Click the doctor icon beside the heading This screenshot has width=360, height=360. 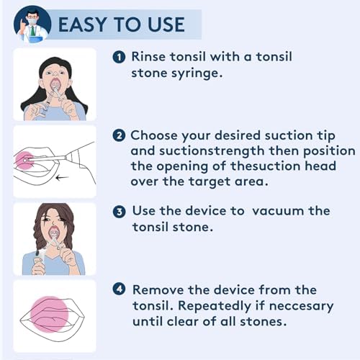pos(32,24)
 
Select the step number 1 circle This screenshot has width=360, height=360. pos(119,58)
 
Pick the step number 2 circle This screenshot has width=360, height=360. pos(119,135)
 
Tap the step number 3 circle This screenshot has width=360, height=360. pos(119,212)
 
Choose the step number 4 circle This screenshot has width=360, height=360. pos(119,289)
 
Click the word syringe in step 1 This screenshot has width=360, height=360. pos(197,74)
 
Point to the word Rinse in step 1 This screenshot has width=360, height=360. pos(148,57)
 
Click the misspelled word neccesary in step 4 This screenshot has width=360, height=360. pos(301,307)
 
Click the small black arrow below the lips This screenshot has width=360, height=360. pos(62,178)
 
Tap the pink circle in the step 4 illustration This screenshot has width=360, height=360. pos(50,315)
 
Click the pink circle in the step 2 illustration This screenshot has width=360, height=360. pos(24,161)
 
